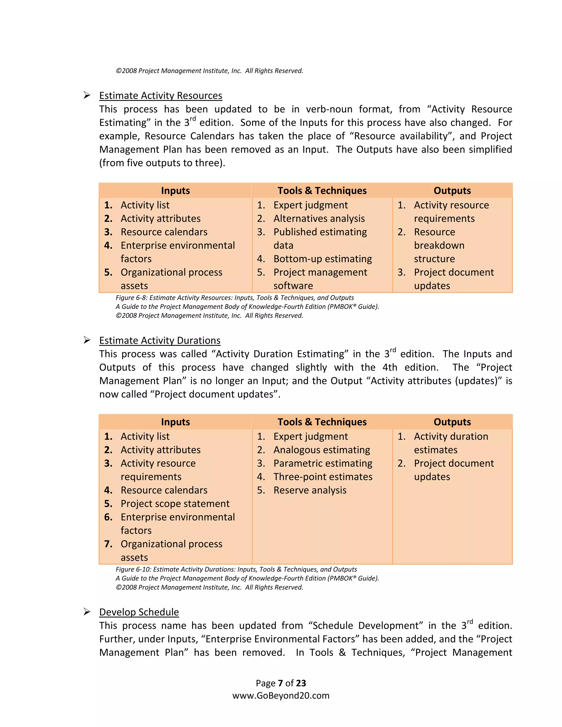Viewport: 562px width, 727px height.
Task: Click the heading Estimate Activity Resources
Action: pyautogui.click(x=161, y=95)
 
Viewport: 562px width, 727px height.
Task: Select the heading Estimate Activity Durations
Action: pyautogui.click(x=160, y=340)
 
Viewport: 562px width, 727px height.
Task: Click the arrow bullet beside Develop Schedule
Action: pyautogui.click(x=87, y=612)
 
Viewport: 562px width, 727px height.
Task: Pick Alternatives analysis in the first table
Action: pyautogui.click(x=319, y=219)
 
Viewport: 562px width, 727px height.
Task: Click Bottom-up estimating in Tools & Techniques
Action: pyautogui.click(x=322, y=259)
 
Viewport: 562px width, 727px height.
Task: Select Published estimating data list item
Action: pyautogui.click(x=320, y=232)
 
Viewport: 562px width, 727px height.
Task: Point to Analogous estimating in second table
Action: pyautogui.click(x=322, y=450)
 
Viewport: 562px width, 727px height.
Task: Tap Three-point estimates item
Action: pyautogui.click(x=323, y=477)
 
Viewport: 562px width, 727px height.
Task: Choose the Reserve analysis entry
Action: pyautogui.click(x=310, y=490)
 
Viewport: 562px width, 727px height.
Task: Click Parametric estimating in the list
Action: pyautogui.click(x=323, y=463)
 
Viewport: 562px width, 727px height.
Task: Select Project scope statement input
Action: pyautogui.click(x=175, y=504)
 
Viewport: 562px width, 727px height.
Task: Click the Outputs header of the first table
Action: pyautogui.click(x=452, y=191)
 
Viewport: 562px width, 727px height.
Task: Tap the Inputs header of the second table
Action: pyautogui.click(x=175, y=422)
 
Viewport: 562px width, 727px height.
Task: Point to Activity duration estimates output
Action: pyautogui.click(x=451, y=437)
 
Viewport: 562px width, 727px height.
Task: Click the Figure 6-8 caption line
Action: pyautogui.click(x=234, y=298)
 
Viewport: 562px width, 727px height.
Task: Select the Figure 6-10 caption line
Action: pyautogui.click(x=236, y=570)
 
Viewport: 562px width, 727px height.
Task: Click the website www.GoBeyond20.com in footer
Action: pyautogui.click(x=281, y=696)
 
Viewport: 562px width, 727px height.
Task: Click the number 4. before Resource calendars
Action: pyautogui.click(x=108, y=490)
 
